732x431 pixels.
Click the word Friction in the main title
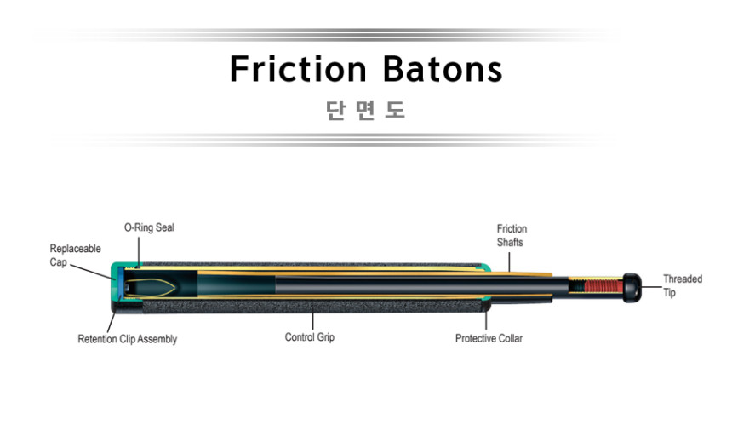tap(298, 69)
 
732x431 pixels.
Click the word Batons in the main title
tap(443, 69)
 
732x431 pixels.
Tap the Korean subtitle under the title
tap(365, 110)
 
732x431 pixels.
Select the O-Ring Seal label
tap(149, 227)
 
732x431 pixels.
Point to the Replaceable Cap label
tap(75, 255)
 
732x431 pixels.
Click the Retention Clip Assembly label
tap(128, 339)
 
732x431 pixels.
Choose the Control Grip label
tap(310, 337)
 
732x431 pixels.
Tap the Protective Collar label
tap(489, 338)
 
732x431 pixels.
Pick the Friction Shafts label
tap(512, 235)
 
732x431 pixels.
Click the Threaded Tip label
tap(683, 286)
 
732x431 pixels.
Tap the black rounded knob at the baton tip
tap(632, 288)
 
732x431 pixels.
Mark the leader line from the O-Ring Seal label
tap(139, 252)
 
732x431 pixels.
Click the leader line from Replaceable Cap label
tap(93, 273)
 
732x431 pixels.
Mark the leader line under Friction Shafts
tap(509, 262)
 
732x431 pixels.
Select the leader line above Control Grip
tap(312, 320)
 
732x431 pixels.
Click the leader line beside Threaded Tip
tap(652, 287)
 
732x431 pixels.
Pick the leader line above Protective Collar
tap(486, 320)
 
